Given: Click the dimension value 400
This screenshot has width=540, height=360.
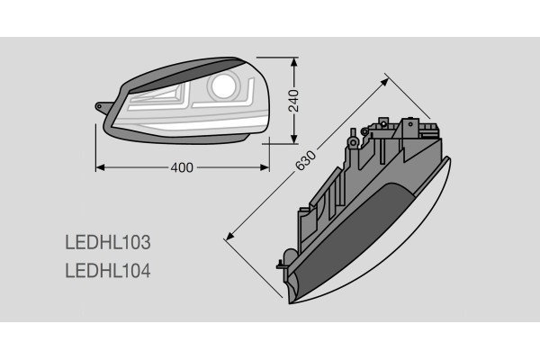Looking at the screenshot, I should click(181, 167).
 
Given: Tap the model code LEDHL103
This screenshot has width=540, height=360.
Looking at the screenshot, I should click(107, 242).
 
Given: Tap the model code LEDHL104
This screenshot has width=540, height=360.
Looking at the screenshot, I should click(107, 269).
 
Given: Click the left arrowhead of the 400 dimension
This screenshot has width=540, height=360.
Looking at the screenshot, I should click(99, 167).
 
